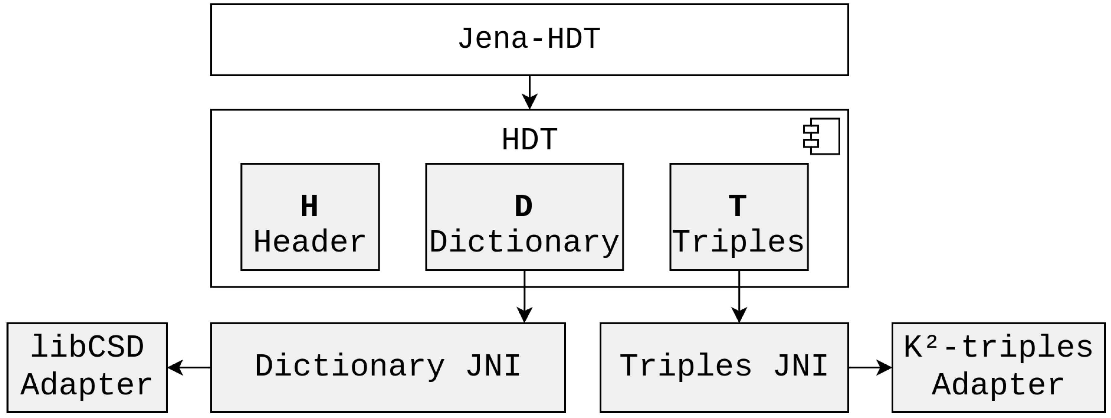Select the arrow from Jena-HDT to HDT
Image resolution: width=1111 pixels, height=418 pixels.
coord(529,92)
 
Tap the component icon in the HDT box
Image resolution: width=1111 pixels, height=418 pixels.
coord(822,137)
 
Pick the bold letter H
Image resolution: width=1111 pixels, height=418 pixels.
coord(309,206)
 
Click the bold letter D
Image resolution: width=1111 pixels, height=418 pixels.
coord(524,206)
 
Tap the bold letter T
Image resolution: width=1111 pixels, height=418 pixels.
coord(738,206)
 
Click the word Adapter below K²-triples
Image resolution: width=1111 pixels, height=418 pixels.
coord(998,385)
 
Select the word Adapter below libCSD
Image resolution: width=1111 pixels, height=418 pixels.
coord(87,385)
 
